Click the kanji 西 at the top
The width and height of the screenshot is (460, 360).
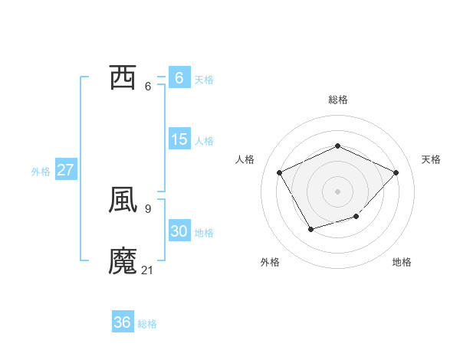(123, 77)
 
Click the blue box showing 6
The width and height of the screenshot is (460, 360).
(179, 77)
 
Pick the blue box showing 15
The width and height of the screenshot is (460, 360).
(179, 139)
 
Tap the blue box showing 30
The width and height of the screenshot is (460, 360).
(179, 232)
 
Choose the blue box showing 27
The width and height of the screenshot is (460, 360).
(65, 170)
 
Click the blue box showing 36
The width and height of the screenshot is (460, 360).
(123, 322)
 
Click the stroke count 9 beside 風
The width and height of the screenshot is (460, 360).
(148, 208)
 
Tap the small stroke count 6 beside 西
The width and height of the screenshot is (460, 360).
(148, 85)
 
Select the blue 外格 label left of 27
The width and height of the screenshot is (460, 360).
(41, 172)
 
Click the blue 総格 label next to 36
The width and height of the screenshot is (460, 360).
(147, 324)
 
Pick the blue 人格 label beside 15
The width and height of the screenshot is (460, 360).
(204, 141)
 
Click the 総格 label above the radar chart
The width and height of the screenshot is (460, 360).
(338, 100)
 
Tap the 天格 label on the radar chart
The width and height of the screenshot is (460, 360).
(431, 159)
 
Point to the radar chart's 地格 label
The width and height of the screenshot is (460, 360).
(402, 262)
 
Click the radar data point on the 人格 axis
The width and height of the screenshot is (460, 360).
(280, 172)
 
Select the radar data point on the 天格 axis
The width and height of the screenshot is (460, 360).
(396, 172)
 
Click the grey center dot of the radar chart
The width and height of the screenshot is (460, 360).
(338, 191)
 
